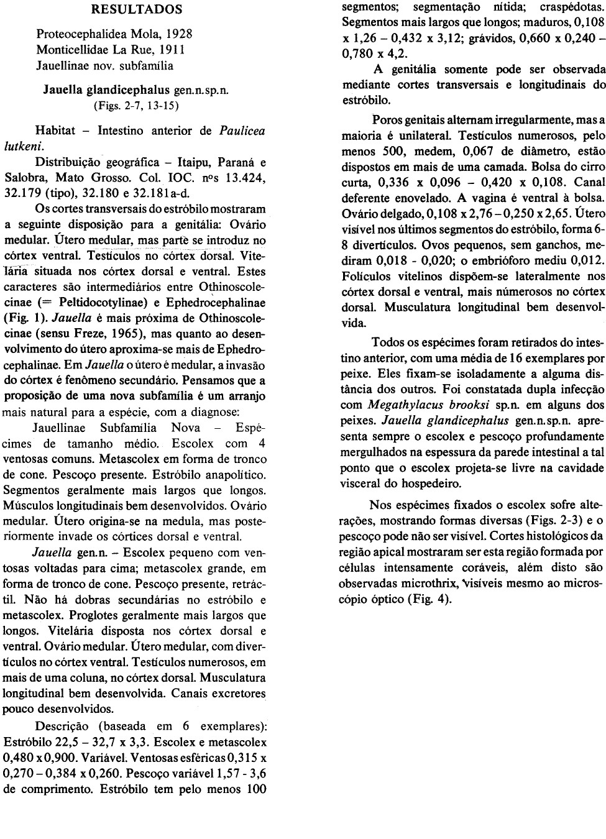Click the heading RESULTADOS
pos(137,9)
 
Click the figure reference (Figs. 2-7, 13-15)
pos(136,106)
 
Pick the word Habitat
pos(55,131)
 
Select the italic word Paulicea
pos(242,131)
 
